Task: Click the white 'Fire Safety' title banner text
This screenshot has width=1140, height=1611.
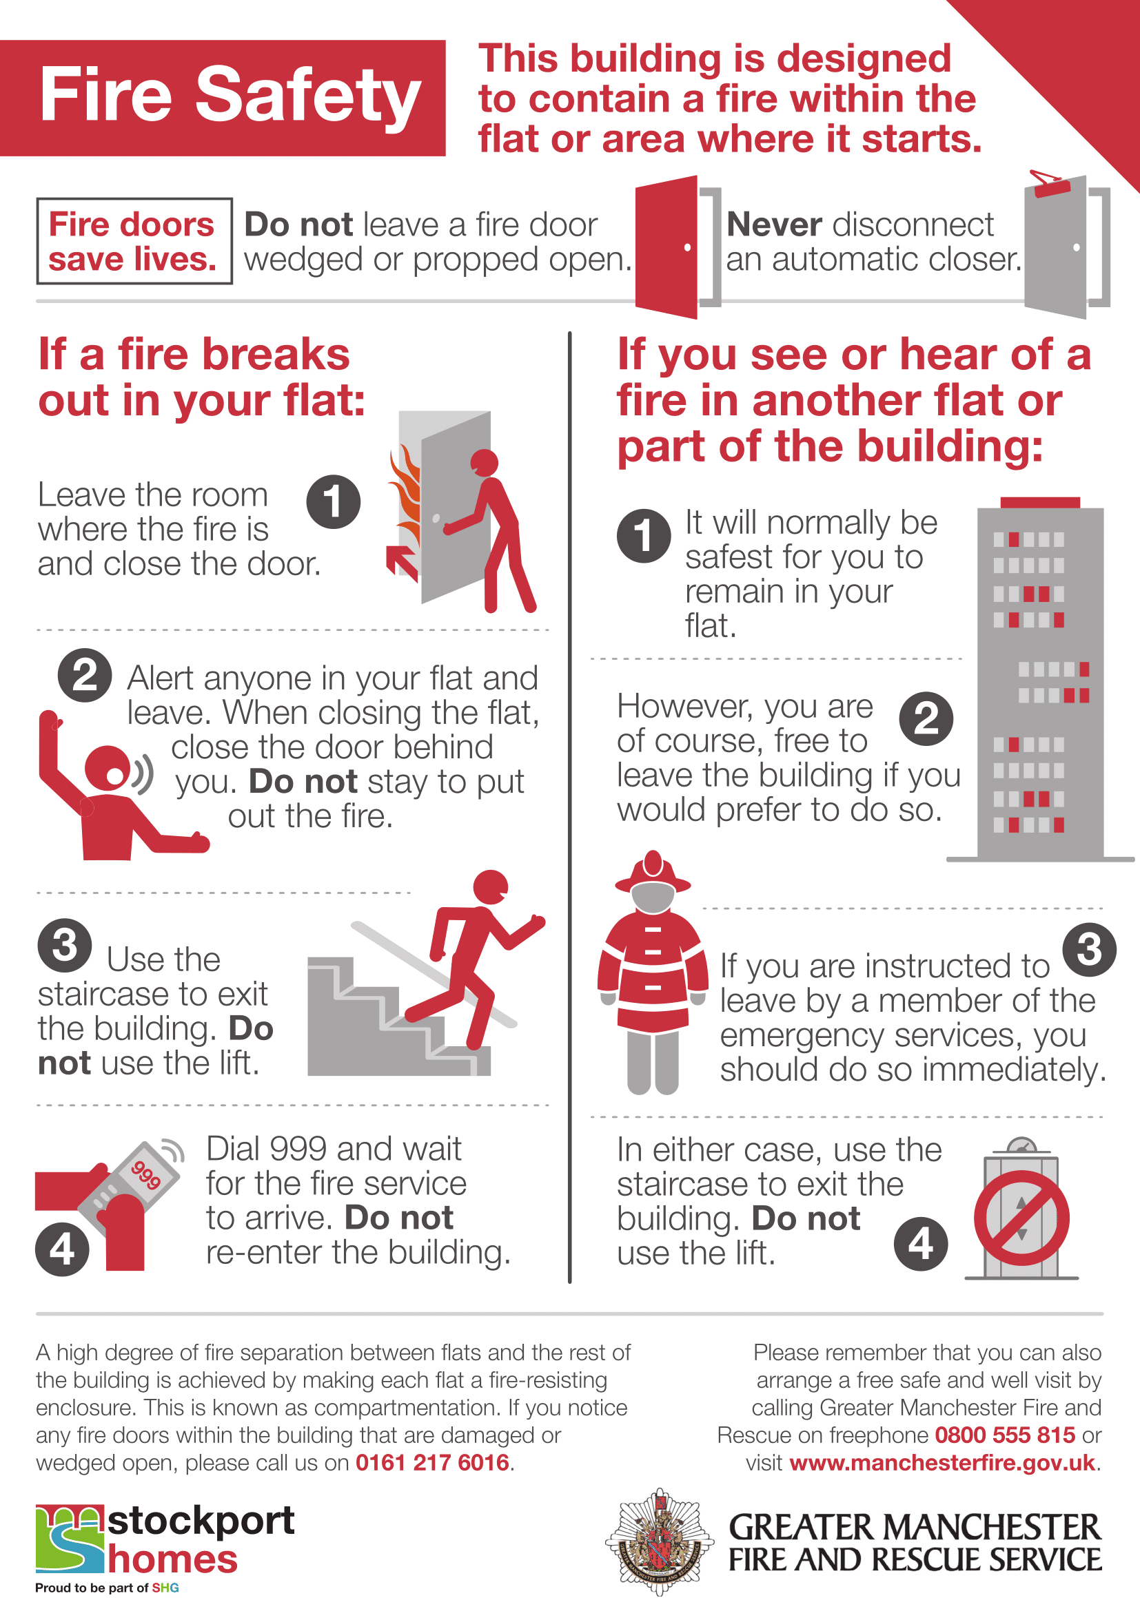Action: tap(230, 95)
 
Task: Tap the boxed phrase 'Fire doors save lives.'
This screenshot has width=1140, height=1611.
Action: tap(134, 241)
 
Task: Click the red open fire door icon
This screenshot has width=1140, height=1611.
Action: tap(666, 247)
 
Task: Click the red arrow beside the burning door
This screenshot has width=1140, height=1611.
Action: tap(403, 562)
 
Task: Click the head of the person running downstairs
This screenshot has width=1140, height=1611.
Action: tap(491, 887)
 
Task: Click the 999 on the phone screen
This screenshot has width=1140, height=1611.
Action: tap(146, 1174)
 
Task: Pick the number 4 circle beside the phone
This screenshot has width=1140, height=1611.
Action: tap(63, 1249)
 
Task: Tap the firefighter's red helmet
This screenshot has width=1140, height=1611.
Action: tap(653, 872)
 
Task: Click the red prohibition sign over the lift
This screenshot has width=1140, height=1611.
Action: tap(1021, 1217)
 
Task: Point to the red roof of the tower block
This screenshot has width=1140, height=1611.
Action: tap(1039, 501)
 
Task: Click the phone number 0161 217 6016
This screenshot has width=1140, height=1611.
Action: tap(431, 1462)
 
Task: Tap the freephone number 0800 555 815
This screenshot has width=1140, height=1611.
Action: tap(1004, 1435)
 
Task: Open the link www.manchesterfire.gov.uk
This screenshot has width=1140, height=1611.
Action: tap(942, 1462)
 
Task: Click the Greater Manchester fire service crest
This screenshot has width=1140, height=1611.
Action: tap(659, 1541)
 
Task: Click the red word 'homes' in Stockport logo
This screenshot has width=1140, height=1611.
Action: tap(173, 1559)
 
